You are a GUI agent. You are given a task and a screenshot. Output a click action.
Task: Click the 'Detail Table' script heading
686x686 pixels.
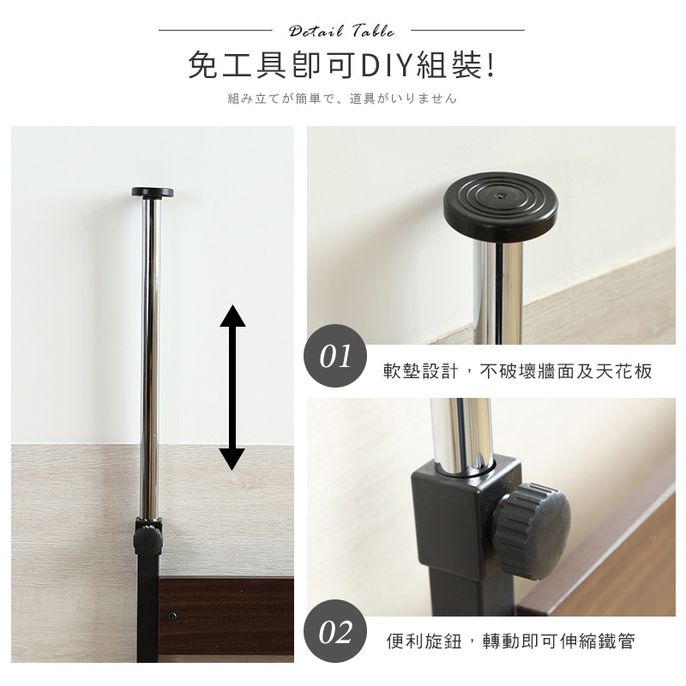pyautogui.click(x=341, y=31)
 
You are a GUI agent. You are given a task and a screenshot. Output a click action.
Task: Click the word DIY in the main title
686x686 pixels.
pyautogui.click(x=387, y=66)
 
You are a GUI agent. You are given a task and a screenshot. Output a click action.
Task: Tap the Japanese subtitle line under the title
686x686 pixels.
pyautogui.click(x=342, y=99)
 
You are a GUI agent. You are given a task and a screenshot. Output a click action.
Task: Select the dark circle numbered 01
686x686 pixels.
pyautogui.click(x=335, y=356)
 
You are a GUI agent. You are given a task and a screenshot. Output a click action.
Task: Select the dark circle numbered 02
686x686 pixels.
pyautogui.click(x=335, y=631)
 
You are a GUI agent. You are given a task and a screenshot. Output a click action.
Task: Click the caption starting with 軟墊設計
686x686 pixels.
pyautogui.click(x=518, y=371)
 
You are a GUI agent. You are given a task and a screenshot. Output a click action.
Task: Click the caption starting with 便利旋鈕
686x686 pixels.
pyautogui.click(x=510, y=641)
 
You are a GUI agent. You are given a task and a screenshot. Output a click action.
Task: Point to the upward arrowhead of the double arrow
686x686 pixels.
pyautogui.click(x=232, y=316)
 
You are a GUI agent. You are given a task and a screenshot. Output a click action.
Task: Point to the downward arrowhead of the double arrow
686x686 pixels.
pyautogui.click(x=232, y=460)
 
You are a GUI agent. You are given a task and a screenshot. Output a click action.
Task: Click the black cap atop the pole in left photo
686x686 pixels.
pyautogui.click(x=153, y=192)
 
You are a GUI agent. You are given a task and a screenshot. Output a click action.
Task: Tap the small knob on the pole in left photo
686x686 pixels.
pyautogui.click(x=147, y=541)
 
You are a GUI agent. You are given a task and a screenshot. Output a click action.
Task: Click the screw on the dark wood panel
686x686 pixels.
pyautogui.click(x=172, y=617)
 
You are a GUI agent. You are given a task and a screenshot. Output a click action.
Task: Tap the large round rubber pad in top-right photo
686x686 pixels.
pyautogui.click(x=500, y=206)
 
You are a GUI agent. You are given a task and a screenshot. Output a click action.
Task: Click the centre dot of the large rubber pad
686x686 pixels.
pyautogui.click(x=501, y=195)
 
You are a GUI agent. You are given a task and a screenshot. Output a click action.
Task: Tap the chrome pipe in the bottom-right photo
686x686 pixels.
pyautogui.click(x=462, y=436)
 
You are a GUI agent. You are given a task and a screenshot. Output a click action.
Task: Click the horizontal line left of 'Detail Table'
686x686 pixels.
pyautogui.click(x=215, y=30)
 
